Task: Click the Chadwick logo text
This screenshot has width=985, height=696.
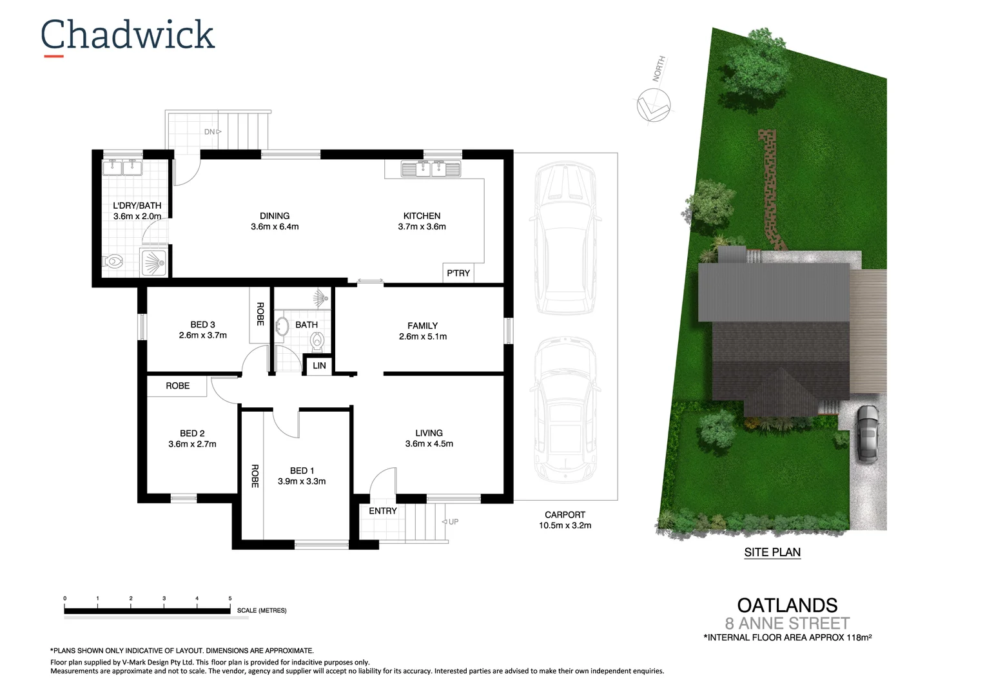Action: click(x=127, y=35)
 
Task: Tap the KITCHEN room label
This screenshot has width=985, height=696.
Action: click(x=422, y=216)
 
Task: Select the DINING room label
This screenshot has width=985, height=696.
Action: click(x=275, y=216)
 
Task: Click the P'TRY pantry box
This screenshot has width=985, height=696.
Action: click(x=458, y=273)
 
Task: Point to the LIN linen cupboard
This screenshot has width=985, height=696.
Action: click(x=319, y=365)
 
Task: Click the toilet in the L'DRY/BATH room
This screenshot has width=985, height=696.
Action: click(x=113, y=262)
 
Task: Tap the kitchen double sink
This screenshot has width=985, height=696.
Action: click(x=431, y=169)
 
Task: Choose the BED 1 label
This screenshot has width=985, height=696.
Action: click(x=302, y=470)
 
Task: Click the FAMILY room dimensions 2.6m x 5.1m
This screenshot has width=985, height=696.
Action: click(x=423, y=336)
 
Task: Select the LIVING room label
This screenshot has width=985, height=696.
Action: click(x=429, y=433)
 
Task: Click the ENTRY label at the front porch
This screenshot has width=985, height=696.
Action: click(x=383, y=511)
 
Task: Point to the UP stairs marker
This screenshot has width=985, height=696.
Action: click(x=453, y=522)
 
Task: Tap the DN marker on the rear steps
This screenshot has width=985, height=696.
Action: click(x=210, y=132)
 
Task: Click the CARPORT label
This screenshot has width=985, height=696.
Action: click(x=565, y=515)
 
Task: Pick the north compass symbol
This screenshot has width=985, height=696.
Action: click(x=654, y=104)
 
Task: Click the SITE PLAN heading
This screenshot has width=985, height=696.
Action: click(x=772, y=552)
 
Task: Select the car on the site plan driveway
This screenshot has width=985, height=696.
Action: click(x=868, y=433)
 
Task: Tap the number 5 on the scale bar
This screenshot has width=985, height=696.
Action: click(x=230, y=599)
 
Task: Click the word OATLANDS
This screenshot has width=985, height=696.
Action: click(x=787, y=605)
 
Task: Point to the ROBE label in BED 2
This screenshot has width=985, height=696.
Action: click(x=178, y=386)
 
